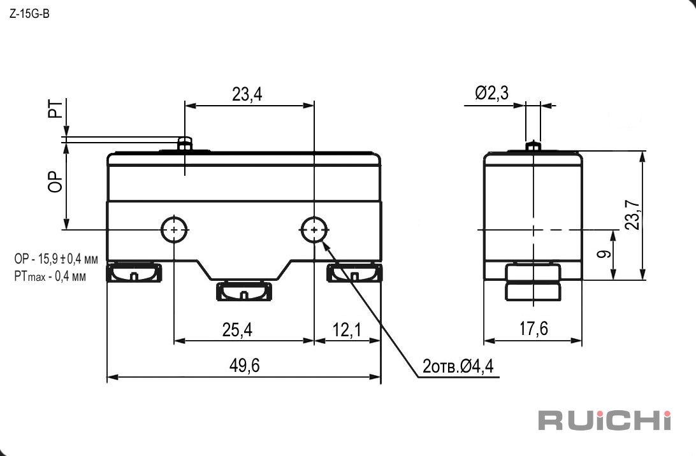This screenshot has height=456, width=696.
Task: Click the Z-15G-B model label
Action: click(x=29, y=14)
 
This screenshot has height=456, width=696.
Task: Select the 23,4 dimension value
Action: click(x=247, y=94)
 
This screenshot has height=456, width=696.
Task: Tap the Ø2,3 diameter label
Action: click(x=491, y=93)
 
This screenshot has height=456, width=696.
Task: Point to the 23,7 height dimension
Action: click(x=632, y=215)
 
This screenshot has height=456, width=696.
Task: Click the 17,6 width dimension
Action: click(x=533, y=329)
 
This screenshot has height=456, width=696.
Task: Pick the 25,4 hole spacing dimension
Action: click(x=237, y=329)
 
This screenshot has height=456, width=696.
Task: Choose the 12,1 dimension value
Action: click(x=347, y=329)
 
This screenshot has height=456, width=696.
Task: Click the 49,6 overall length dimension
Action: click(x=244, y=366)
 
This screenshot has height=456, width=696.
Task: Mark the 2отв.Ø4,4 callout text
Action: click(x=458, y=366)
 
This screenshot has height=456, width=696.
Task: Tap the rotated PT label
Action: click(x=55, y=109)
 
